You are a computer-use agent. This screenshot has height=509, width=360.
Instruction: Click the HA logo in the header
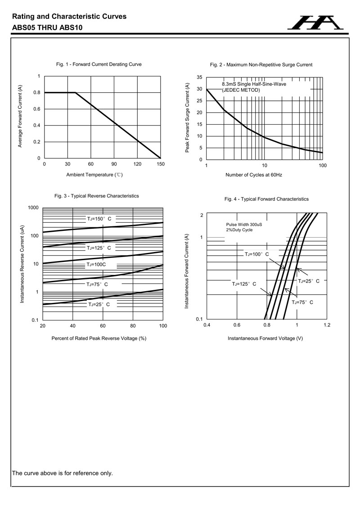point(315,23)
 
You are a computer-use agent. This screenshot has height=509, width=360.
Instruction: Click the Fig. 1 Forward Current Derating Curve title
point(99,64)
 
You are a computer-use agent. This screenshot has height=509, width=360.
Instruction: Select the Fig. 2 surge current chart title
point(261,65)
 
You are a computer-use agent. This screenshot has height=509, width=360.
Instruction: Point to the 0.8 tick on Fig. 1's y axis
point(37,93)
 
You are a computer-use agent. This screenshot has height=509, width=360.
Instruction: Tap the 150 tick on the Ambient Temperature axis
point(161,164)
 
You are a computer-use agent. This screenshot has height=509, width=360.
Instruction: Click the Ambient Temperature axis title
point(94,175)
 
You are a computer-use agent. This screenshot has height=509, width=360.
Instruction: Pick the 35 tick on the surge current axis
point(199,77)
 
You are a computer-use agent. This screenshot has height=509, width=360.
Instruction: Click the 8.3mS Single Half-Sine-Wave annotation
point(254,84)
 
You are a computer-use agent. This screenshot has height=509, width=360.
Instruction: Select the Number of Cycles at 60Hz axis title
point(254,175)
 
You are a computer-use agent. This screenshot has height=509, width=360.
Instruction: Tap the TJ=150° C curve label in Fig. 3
point(99,219)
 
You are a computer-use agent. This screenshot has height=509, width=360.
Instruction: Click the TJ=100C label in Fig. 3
point(96,265)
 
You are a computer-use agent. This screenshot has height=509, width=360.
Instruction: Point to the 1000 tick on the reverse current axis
point(33,208)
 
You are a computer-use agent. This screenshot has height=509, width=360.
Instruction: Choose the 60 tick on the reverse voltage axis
point(103,325)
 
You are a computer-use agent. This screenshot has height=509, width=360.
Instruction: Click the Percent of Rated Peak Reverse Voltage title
point(99,338)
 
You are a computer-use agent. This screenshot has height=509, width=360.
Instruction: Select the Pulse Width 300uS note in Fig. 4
point(244,224)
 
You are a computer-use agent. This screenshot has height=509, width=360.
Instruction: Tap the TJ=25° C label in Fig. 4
point(309,281)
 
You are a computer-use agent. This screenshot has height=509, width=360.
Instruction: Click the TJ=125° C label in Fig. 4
point(244,284)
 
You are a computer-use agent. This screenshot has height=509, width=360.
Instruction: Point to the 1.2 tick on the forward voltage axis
point(327,325)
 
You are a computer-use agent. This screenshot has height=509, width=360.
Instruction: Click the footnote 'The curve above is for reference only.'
point(63,473)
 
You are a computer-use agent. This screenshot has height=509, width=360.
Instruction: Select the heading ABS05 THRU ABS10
point(47,27)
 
